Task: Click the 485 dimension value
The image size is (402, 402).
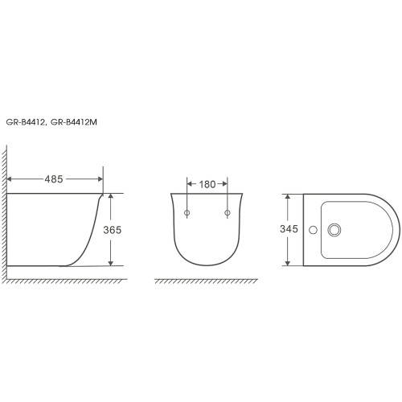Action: coord(54,179)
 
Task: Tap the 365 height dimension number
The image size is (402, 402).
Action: coord(113,230)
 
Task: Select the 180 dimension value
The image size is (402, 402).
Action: coord(207,184)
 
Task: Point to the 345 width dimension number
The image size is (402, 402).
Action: coord(289,229)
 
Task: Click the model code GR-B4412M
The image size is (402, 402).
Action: coord(74,122)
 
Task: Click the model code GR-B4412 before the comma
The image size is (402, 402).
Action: coord(25,122)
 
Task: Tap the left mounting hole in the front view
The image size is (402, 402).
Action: coord(187,213)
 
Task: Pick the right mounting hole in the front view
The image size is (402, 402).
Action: coord(228,213)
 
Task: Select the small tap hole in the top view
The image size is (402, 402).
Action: coord(313,230)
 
